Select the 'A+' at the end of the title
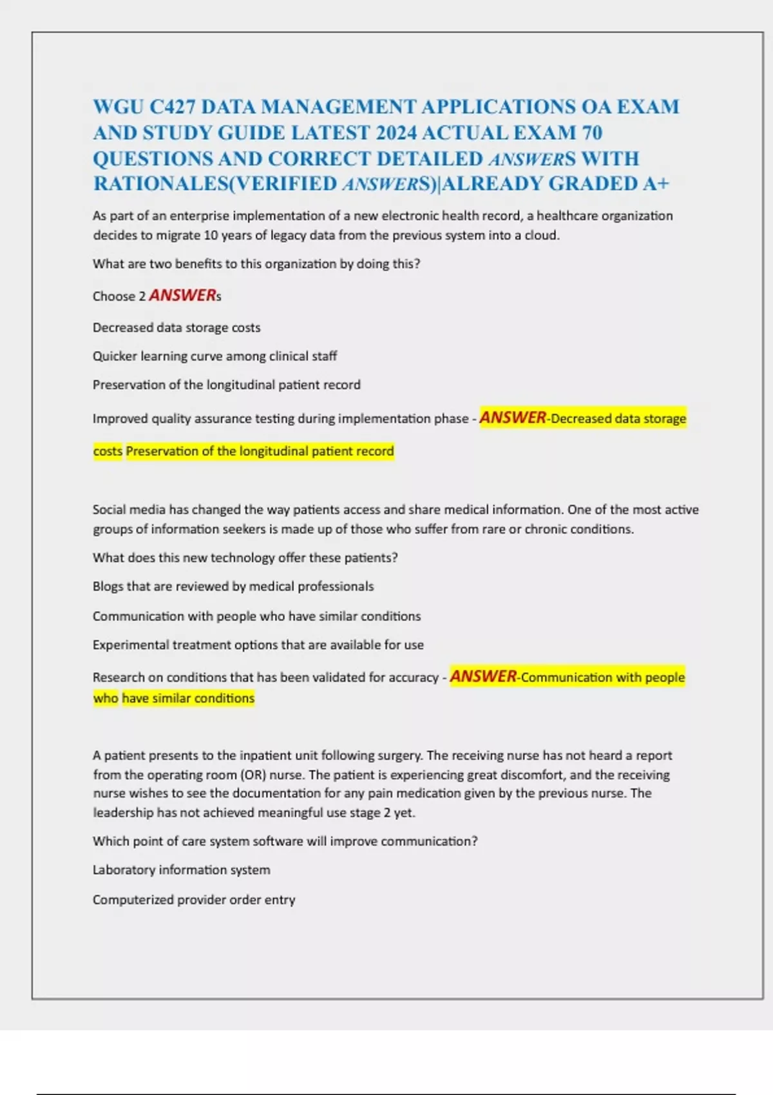click(x=656, y=184)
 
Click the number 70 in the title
click(x=592, y=133)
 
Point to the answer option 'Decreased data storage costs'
click(x=177, y=328)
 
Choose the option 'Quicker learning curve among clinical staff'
click(x=215, y=356)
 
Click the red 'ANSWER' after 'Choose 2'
click(x=182, y=296)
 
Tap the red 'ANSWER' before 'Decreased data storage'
click(x=513, y=418)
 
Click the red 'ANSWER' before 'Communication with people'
click(x=483, y=676)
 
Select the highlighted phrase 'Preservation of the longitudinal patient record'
click(x=260, y=452)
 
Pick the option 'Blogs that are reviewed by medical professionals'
click(x=233, y=587)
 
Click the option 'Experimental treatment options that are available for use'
click(x=258, y=645)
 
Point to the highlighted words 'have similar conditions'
click(x=188, y=698)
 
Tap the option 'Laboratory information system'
click(x=181, y=870)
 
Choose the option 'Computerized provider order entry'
click(x=194, y=900)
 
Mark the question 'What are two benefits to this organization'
click(x=256, y=264)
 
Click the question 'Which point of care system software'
click(x=285, y=841)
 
